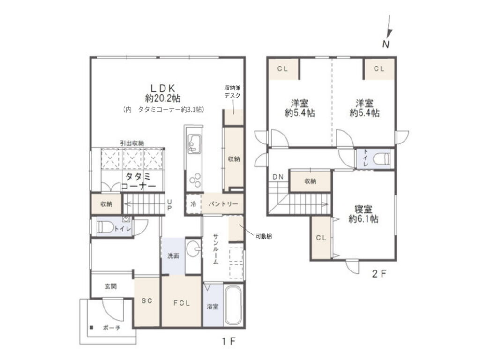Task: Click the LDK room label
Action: pos(163,89)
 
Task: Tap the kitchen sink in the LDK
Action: pos(194,143)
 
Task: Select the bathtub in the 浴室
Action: pos(233,305)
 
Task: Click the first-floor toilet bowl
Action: pos(105,227)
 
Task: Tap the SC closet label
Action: pos(147,301)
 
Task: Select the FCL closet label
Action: pos(181,303)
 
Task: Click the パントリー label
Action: pos(223,204)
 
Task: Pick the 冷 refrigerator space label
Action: pos(193,204)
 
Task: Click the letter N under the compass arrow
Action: pos(386,45)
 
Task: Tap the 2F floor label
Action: pos(379,273)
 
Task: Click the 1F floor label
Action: pos(229,341)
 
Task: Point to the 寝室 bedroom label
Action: pos(363,210)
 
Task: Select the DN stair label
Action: pos(278,177)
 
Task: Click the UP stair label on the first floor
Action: pos(170,205)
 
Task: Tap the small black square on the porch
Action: pos(91,327)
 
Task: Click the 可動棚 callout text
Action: pos(264,236)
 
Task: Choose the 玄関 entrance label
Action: pos(111,286)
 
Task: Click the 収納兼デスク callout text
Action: pos(232,91)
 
